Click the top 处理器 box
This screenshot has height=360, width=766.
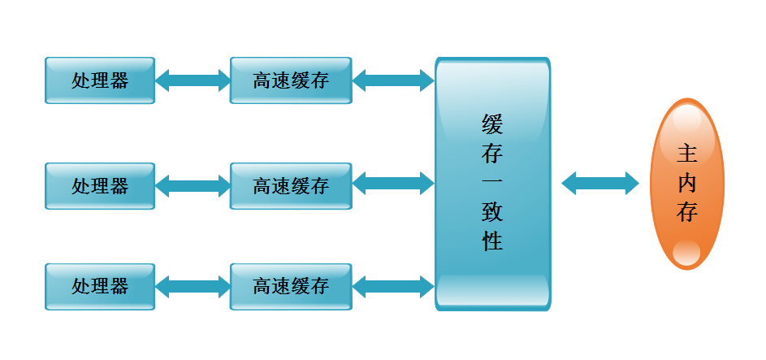(100, 80)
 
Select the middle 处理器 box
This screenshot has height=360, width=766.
(100, 185)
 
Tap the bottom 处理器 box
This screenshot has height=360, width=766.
(100, 286)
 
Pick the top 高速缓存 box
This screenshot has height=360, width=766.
(291, 80)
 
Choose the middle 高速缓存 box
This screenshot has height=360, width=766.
(291, 185)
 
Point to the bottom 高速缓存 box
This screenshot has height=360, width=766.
(291, 286)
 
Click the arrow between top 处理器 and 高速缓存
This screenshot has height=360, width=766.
(193, 80)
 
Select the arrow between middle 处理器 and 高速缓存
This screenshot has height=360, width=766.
(193, 185)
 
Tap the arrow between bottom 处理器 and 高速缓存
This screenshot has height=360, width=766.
(193, 286)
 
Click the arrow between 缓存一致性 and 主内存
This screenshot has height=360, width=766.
(600, 183)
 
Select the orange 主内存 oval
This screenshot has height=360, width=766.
(687, 183)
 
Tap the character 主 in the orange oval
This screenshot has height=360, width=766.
(687, 154)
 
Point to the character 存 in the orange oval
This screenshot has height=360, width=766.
(687, 212)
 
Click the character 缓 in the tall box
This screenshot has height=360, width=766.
(492, 124)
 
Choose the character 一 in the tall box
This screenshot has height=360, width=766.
(492, 183)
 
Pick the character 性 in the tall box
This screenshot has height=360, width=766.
(492, 241)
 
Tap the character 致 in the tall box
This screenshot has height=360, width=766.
(492, 212)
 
